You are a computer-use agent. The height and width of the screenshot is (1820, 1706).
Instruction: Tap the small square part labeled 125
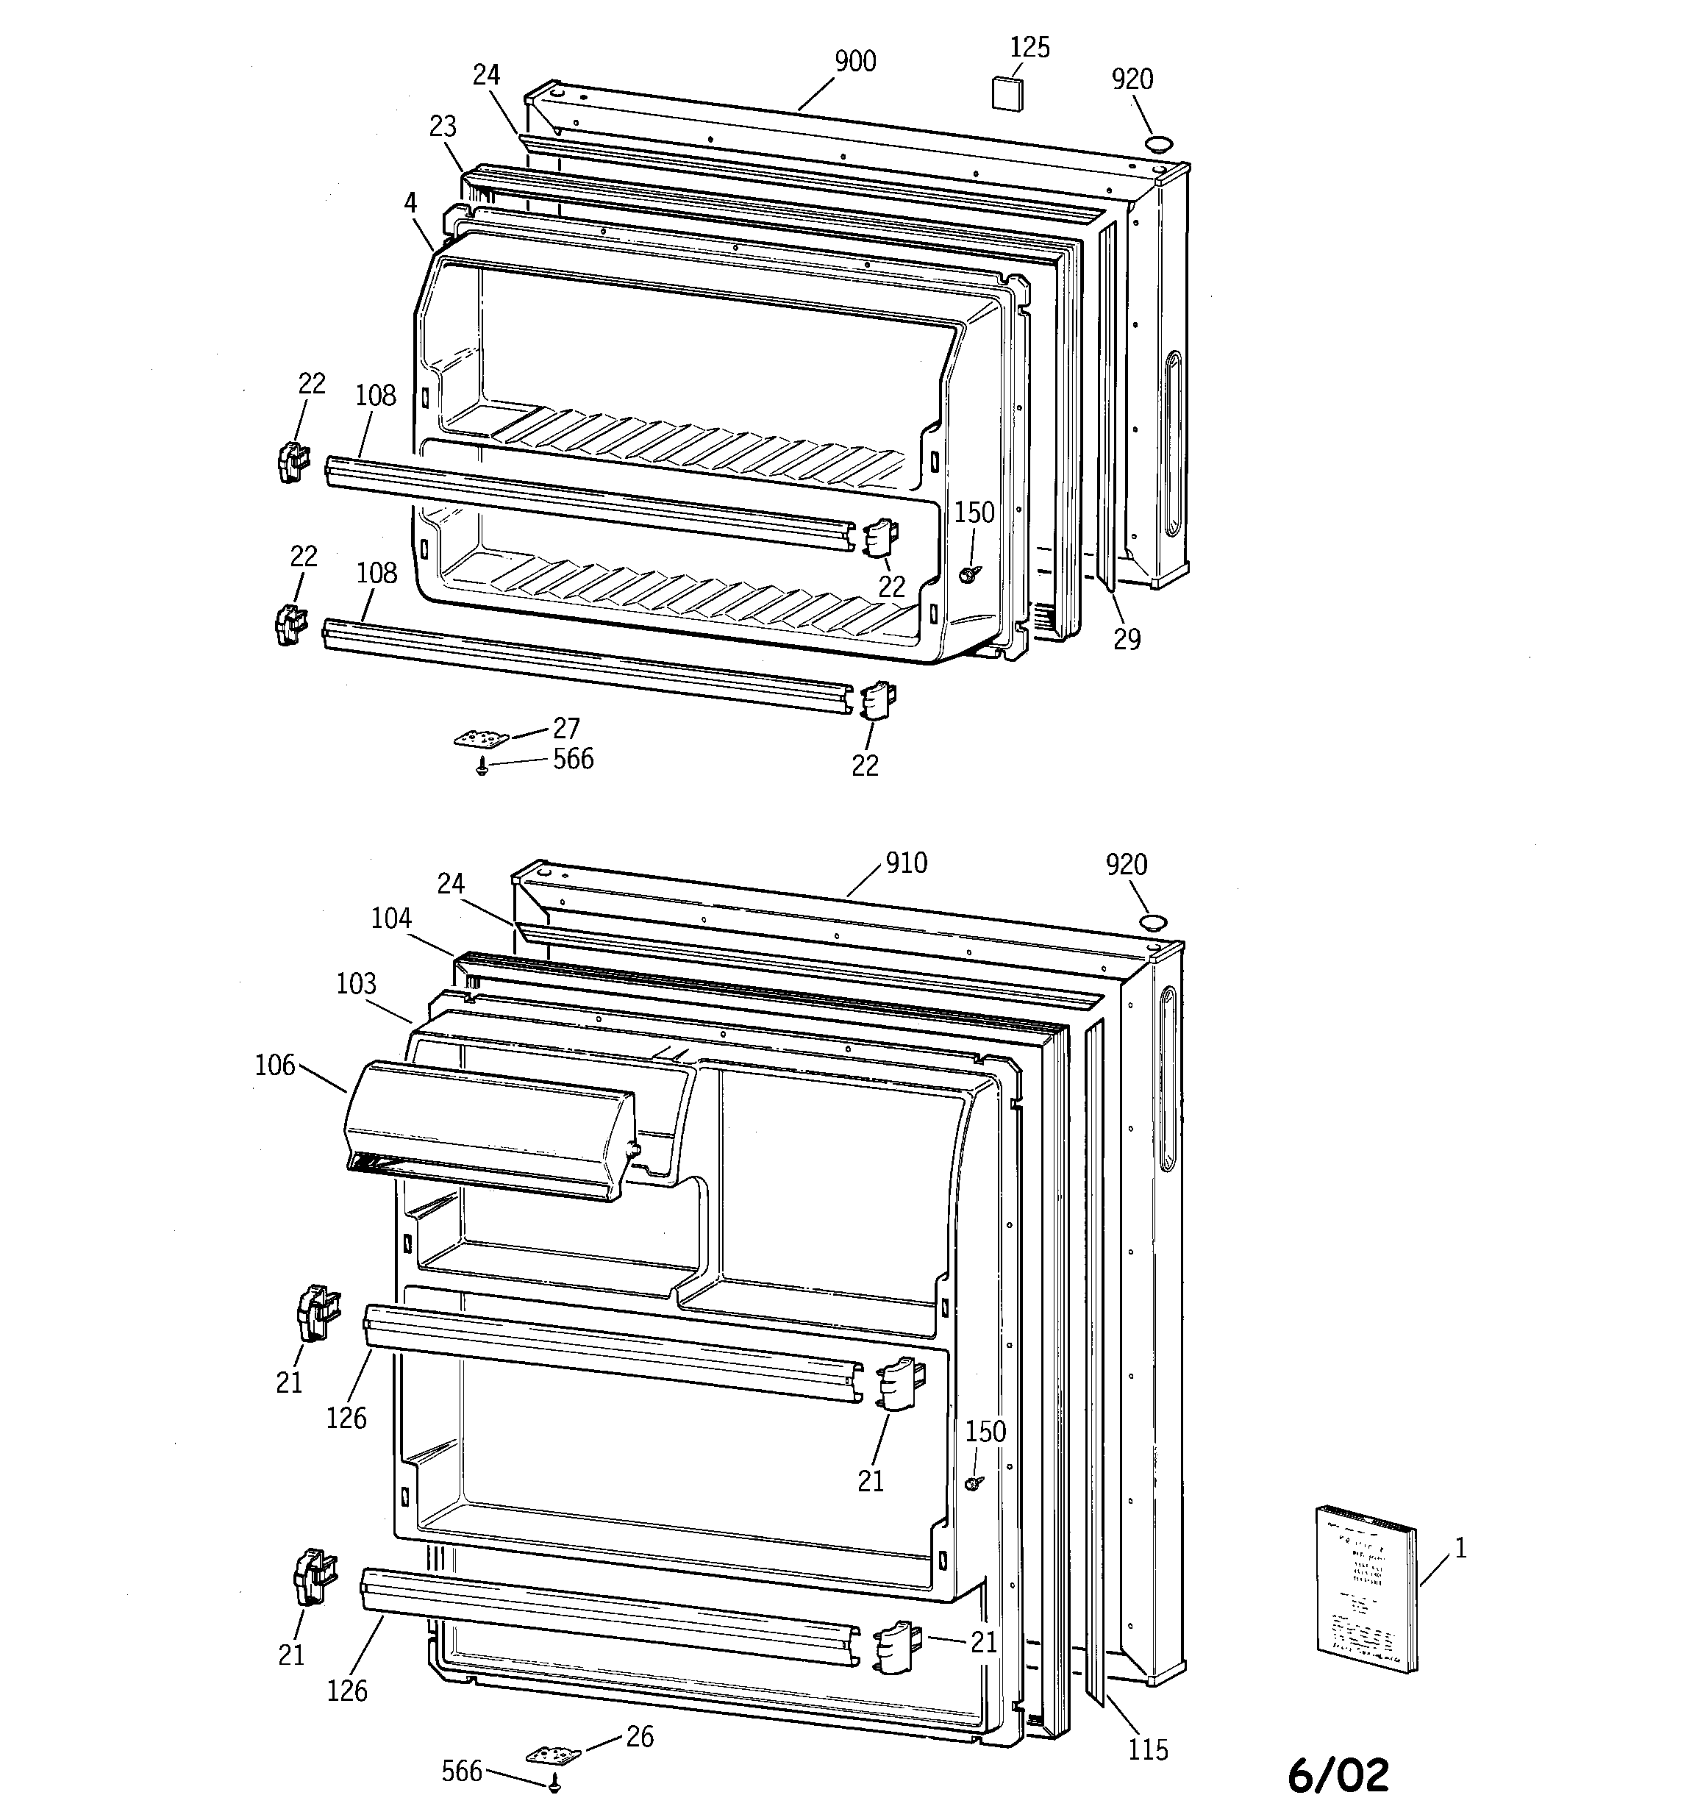(1008, 93)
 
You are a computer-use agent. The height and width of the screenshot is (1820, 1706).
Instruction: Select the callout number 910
(906, 863)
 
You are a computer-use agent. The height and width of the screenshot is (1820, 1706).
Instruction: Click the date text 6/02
(1338, 1775)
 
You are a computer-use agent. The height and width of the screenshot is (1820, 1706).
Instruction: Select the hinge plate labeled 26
(553, 1754)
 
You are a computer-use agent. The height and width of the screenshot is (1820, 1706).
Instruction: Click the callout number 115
(1147, 1749)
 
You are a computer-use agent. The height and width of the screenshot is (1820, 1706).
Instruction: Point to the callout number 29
(1127, 639)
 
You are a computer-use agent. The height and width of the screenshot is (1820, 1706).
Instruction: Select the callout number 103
(356, 983)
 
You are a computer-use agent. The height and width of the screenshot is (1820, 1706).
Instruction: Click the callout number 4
(410, 203)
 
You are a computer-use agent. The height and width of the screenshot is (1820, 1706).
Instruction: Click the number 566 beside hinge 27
(574, 759)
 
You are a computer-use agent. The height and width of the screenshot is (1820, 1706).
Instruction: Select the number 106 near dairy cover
(275, 1065)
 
